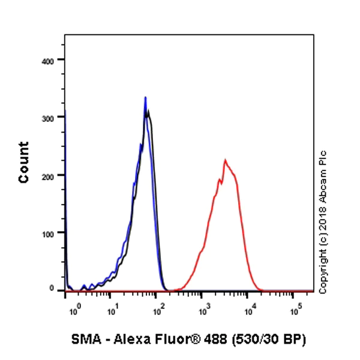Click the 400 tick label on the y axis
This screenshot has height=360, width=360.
click(48, 61)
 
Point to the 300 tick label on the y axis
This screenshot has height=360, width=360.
click(48, 118)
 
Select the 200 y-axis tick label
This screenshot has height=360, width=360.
click(48, 175)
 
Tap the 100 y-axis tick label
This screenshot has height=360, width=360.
click(48, 233)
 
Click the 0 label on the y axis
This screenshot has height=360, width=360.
click(53, 289)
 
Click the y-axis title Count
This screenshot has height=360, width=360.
click(24, 162)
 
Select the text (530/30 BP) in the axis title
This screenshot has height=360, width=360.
click(273, 340)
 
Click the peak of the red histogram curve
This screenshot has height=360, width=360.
click(225, 160)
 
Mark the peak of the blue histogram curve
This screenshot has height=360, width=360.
click(145, 97)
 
